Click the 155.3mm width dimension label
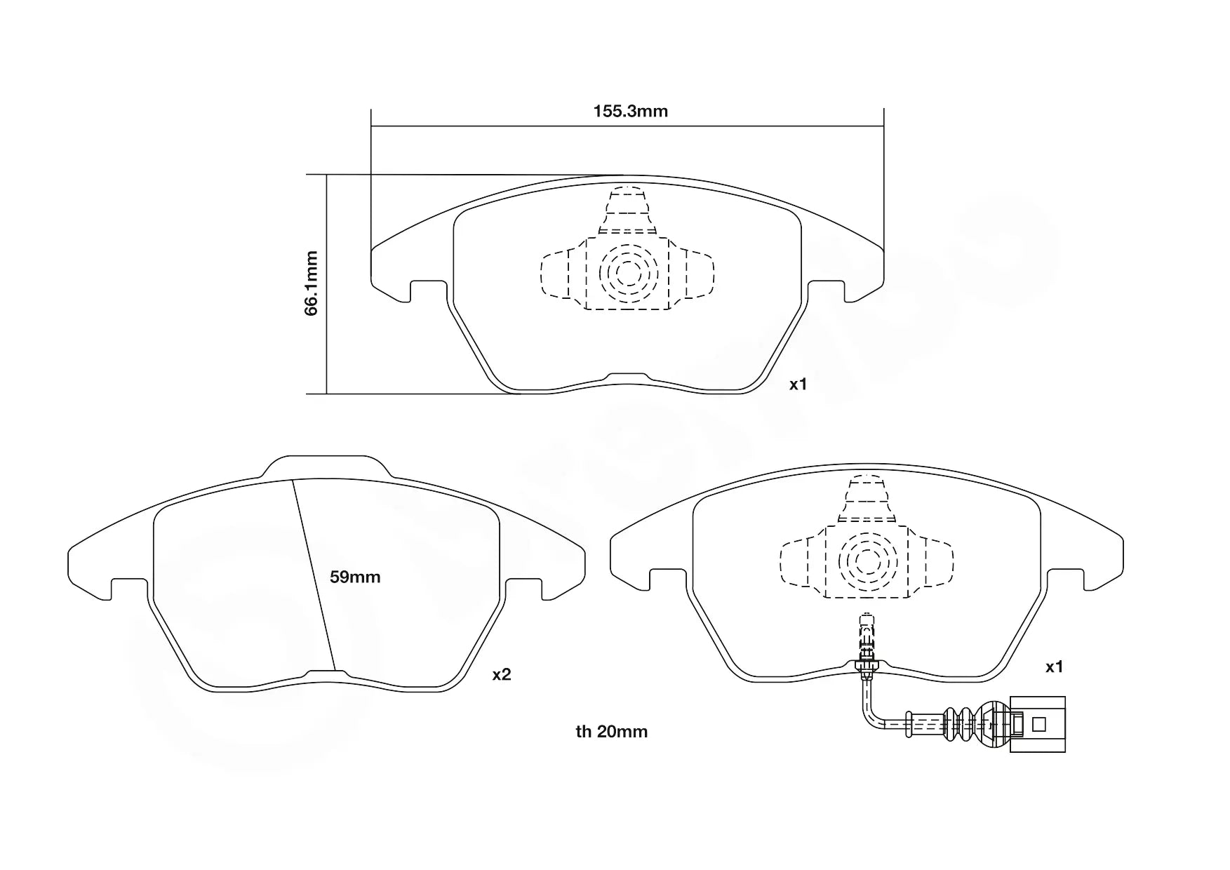630,111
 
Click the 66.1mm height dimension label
312,283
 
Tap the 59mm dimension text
355,577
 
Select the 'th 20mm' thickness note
611,732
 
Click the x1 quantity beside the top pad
798,384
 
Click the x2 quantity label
502,675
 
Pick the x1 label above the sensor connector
1054,667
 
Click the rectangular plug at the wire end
1037,725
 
